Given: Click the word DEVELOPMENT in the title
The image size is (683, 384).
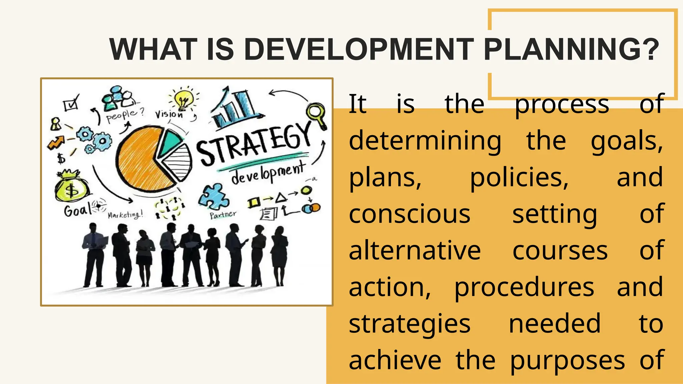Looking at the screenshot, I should [x=359, y=49].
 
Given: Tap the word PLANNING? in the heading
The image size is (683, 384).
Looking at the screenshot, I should [x=571, y=49].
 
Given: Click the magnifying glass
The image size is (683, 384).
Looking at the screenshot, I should [x=316, y=115].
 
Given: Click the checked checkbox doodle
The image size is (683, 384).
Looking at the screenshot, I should [x=71, y=104].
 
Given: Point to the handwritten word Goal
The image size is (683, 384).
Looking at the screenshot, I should [x=77, y=210].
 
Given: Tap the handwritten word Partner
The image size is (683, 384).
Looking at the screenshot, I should [x=223, y=215].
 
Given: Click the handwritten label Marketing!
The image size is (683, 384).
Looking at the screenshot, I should [x=125, y=215].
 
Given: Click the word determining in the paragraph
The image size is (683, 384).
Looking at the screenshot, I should [x=425, y=141].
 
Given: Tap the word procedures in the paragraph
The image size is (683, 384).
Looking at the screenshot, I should [x=524, y=288].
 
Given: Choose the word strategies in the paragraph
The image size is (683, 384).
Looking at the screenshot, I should [x=409, y=324].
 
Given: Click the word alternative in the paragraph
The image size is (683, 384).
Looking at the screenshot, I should [x=415, y=251].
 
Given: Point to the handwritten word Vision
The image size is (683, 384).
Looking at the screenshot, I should [x=169, y=114].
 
